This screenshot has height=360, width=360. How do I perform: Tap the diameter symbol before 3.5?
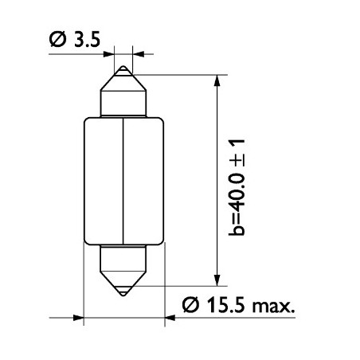point(58,41)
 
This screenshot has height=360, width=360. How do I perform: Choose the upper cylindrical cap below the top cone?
point(123,103)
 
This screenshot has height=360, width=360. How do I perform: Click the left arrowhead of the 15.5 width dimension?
point(77,318)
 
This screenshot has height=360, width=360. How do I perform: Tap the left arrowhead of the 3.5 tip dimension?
point(110,54)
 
